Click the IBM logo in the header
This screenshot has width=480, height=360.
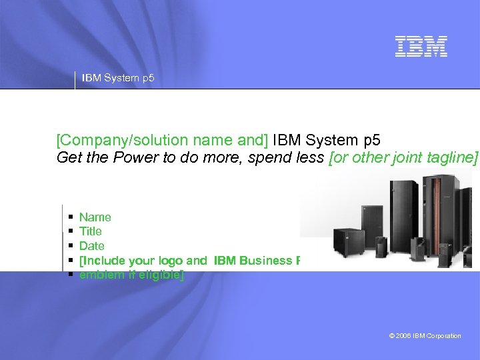[421, 46]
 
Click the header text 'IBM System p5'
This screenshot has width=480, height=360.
[118, 78]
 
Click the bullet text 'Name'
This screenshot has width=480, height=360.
[95, 217]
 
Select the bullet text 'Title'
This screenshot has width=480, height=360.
[91, 231]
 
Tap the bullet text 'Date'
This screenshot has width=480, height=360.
[92, 246]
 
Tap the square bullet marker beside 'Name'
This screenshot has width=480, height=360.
[71, 217]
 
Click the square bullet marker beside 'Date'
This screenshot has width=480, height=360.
[71, 246]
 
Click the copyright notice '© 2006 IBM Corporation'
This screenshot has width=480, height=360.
[425, 336]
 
